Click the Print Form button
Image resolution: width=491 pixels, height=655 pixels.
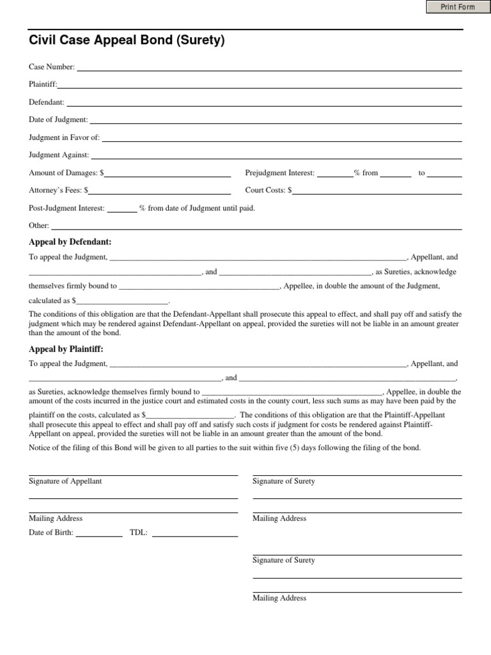coord(458,7)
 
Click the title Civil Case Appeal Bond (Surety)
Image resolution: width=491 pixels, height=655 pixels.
coord(127,41)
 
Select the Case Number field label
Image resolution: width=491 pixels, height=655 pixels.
coord(52,67)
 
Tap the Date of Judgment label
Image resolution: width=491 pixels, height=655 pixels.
coord(58,120)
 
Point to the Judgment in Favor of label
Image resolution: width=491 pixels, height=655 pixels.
coord(65,138)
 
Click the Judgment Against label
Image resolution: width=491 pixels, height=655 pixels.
coord(59,155)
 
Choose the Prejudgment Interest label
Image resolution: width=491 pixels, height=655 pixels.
coord(280,173)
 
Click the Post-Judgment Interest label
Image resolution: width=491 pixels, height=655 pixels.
coord(66,208)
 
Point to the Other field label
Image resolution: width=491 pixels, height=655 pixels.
coord(39,225)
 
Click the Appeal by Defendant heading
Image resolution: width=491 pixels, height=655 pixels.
coord(70,242)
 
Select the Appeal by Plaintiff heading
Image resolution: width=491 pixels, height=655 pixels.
coord(66,349)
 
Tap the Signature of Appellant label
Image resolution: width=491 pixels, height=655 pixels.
coord(65,481)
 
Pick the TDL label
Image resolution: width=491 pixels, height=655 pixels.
coord(139,532)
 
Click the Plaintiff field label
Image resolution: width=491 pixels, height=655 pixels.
coord(43,84)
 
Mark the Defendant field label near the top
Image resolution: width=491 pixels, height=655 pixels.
coord(47,102)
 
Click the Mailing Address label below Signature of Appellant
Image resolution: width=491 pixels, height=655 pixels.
coord(56,518)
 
